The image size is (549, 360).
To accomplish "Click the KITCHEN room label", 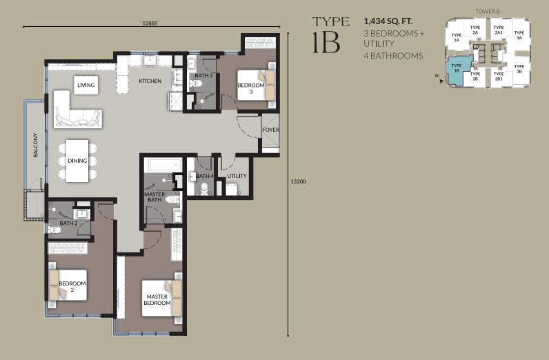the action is tap(150, 81).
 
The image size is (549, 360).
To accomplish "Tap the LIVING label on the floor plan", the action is tap(86, 85).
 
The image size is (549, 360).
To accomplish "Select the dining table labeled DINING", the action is tap(77, 161).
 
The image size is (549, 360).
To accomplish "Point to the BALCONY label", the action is tap(35, 145).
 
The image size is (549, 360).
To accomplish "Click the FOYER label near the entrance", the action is tap(270, 130).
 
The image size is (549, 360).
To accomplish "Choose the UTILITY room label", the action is tap(237, 176).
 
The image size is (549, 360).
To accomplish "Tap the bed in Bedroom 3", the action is tap(257, 85).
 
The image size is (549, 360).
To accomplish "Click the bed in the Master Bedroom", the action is tap(161, 298).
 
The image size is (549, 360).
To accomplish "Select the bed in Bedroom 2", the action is tap(68, 285).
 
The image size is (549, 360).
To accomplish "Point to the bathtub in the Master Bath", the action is tap(163, 165).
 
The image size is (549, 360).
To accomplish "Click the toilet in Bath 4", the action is tap(204, 189).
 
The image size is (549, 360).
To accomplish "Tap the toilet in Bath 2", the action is tap(55, 230).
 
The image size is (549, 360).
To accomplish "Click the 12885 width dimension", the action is tap(150, 23).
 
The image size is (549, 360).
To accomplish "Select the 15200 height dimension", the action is tap(299, 181).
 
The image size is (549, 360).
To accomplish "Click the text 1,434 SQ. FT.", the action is tap(388, 21).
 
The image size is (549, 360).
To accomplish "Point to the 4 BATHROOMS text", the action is tap(393, 56).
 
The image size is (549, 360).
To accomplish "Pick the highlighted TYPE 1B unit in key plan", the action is tap(456, 72).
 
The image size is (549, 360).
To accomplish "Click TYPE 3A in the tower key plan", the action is tap(519, 35).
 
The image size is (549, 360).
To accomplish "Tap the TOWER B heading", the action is tap(488, 11).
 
